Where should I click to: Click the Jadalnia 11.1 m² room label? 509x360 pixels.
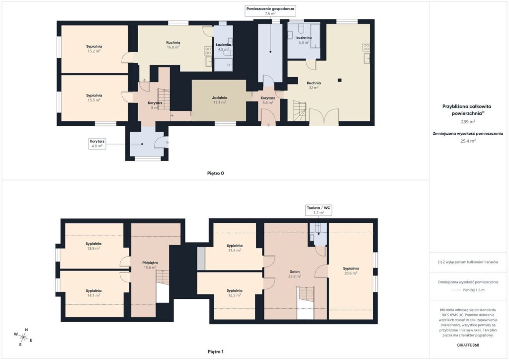[219, 99]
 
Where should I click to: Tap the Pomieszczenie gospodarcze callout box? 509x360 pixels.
[270, 11]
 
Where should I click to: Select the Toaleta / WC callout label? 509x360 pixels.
[319, 210]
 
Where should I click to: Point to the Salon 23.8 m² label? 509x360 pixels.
[295, 274]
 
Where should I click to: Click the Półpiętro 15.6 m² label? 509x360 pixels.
[150, 265]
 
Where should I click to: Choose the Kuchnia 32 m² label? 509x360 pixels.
[314, 85]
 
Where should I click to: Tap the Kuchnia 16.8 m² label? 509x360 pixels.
[173, 44]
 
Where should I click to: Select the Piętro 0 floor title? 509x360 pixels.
[216, 174]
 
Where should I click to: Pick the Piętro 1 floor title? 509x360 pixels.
[216, 352]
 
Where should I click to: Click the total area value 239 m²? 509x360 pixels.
[468, 122]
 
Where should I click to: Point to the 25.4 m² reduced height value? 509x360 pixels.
[468, 141]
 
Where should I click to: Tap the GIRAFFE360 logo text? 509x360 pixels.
[468, 345]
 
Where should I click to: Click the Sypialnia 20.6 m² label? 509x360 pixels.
[350, 270]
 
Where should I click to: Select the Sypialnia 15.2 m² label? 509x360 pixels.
[94, 49]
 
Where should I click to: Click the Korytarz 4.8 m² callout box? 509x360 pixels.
[97, 144]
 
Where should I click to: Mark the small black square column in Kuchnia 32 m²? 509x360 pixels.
[339, 80]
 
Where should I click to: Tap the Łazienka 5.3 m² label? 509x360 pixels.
[304, 40]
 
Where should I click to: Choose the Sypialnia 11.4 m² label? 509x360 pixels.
[235, 248]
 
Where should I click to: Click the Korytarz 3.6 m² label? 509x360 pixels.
[268, 100]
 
